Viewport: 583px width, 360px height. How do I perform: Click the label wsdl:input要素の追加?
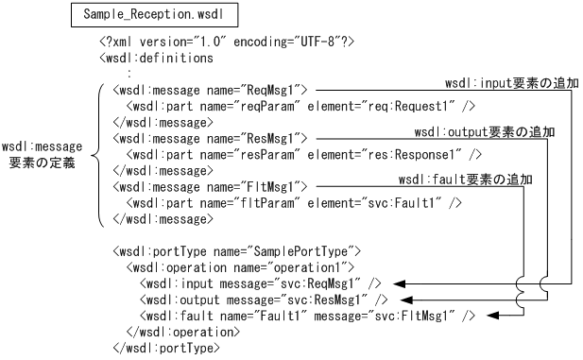[x=511, y=85]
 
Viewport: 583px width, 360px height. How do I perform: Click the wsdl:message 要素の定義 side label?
[x=42, y=155]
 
